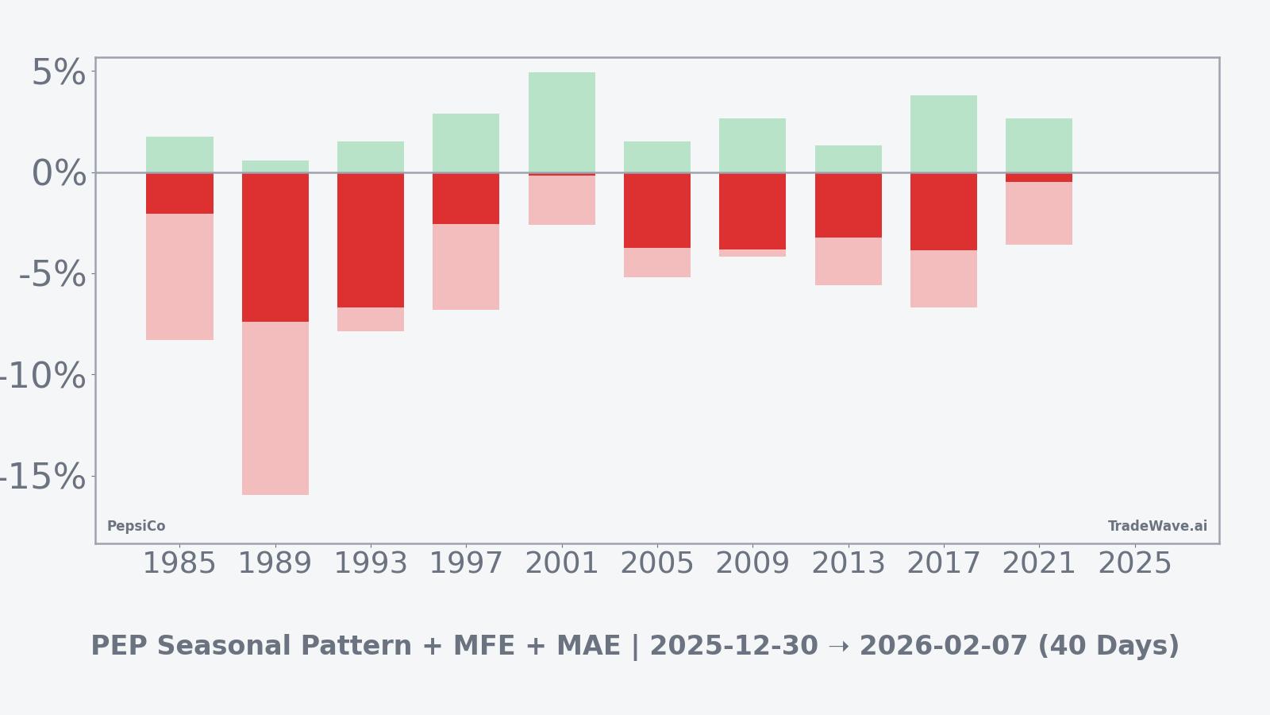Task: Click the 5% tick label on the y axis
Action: pyautogui.click(x=58, y=73)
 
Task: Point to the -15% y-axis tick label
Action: pyautogui.click(x=42, y=477)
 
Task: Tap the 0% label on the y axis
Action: pyautogui.click(x=58, y=174)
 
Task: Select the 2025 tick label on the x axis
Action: pyautogui.click(x=1134, y=563)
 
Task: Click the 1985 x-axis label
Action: pyautogui.click(x=179, y=563)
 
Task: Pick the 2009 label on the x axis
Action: pyautogui.click(x=752, y=563)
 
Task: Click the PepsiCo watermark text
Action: pyautogui.click(x=136, y=526)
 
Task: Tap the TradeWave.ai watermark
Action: pyautogui.click(x=1157, y=526)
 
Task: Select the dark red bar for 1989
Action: pyautogui.click(x=275, y=247)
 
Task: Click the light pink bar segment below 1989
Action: pyautogui.click(x=275, y=408)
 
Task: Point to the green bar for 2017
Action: pyautogui.click(x=944, y=133)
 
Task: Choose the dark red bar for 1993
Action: pyautogui.click(x=371, y=240)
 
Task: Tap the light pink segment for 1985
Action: pyautogui.click(x=179, y=276)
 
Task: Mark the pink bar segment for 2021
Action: pyautogui.click(x=1039, y=213)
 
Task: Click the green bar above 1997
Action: pyautogui.click(x=466, y=143)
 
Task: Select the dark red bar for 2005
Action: pyautogui.click(x=657, y=211)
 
